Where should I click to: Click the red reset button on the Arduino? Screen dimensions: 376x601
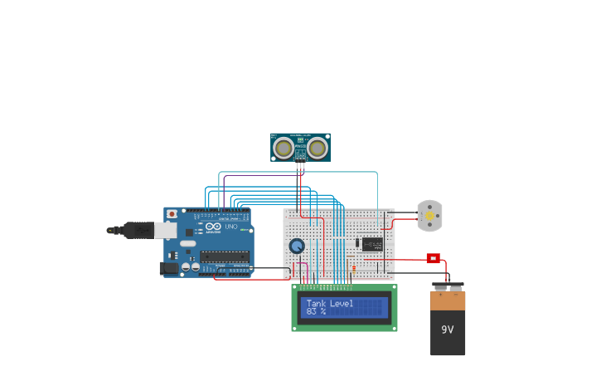coord(172,214)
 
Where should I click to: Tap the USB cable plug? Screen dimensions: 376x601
coord(137,230)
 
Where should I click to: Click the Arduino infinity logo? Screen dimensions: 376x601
coord(213,227)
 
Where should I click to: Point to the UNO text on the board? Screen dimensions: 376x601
coord(231,227)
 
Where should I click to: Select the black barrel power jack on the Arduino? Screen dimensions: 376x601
coord(170,268)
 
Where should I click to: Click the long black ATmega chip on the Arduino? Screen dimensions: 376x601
coord(224,256)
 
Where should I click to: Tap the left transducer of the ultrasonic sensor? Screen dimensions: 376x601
coord(284,148)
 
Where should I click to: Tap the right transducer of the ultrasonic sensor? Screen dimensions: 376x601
coord(317,148)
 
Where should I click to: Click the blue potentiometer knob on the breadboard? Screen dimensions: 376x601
coord(297,246)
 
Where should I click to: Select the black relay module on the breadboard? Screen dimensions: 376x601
coord(372,244)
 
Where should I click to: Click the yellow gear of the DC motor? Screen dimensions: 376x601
coord(429,216)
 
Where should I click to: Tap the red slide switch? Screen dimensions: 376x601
coord(433,258)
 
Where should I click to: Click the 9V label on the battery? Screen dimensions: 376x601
coord(448,330)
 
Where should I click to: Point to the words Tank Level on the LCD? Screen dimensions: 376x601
coord(330,304)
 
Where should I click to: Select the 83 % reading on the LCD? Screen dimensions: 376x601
coord(316,312)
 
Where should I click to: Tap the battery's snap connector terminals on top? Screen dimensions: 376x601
coord(448,287)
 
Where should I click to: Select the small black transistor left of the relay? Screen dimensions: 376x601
coord(357,243)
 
